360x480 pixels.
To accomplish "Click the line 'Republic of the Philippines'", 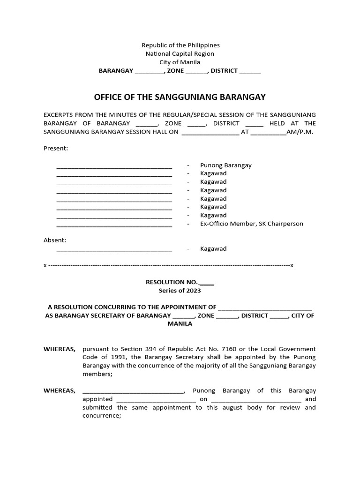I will (180, 45).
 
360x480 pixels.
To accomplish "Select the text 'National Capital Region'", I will (180, 54).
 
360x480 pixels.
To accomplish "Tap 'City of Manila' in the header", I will (180, 62).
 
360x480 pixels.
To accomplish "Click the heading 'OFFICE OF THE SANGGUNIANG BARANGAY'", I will (180, 97).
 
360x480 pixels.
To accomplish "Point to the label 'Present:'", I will (56, 149).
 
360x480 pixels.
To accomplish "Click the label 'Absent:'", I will (55, 240).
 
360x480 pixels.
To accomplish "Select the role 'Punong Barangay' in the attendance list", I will (226, 165).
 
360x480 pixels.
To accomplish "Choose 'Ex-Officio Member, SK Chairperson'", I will (251, 224).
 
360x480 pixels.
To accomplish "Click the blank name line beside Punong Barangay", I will (114, 166).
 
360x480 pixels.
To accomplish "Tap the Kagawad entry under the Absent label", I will (213, 249).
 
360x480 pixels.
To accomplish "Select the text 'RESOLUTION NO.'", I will (172, 282).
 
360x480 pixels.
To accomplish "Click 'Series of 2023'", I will (180, 291).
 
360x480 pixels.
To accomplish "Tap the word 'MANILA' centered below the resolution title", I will (180, 324).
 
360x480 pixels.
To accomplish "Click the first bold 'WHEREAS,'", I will (60, 349).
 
